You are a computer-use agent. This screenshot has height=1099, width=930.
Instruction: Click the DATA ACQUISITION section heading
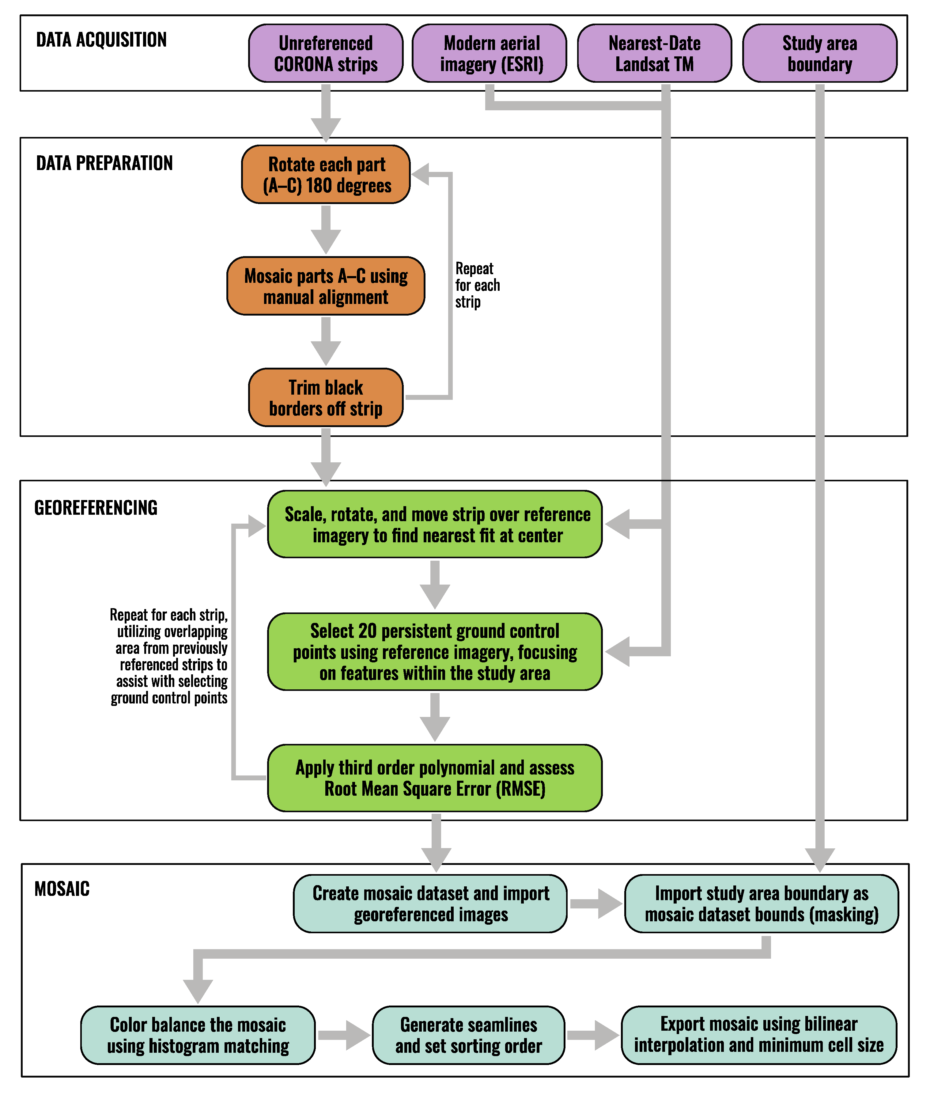pyautogui.click(x=101, y=40)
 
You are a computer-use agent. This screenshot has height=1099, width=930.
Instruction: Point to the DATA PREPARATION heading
pyautogui.click(x=104, y=163)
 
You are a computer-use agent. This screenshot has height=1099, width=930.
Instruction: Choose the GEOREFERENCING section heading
pyautogui.click(x=96, y=507)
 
